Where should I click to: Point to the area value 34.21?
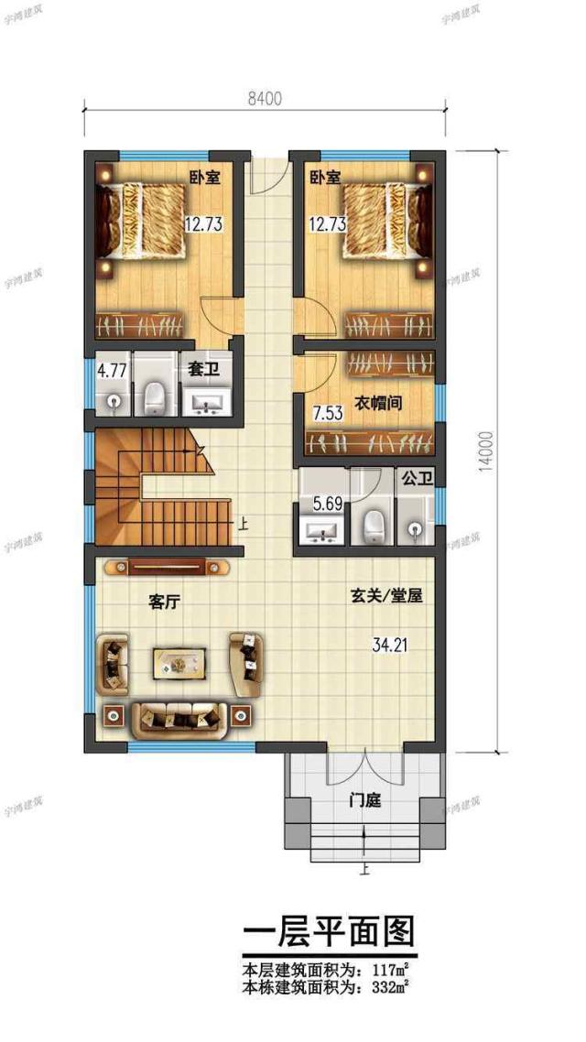[389, 645]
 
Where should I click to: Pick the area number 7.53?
[326, 413]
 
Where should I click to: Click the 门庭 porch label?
[364, 801]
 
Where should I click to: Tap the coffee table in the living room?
[179, 661]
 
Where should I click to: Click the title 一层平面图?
[329, 931]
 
